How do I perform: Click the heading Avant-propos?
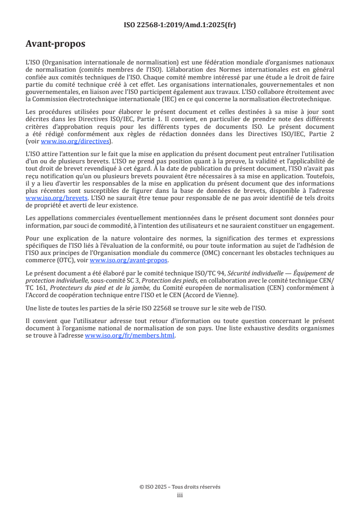click(x=55, y=44)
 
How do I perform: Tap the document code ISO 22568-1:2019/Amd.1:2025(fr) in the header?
click(x=180, y=25)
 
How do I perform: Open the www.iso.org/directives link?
click(x=75, y=141)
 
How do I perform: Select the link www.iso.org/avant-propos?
click(x=129, y=260)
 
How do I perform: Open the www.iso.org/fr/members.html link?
click(x=130, y=336)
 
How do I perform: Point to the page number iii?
click(x=180, y=495)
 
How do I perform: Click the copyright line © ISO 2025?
click(x=180, y=487)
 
